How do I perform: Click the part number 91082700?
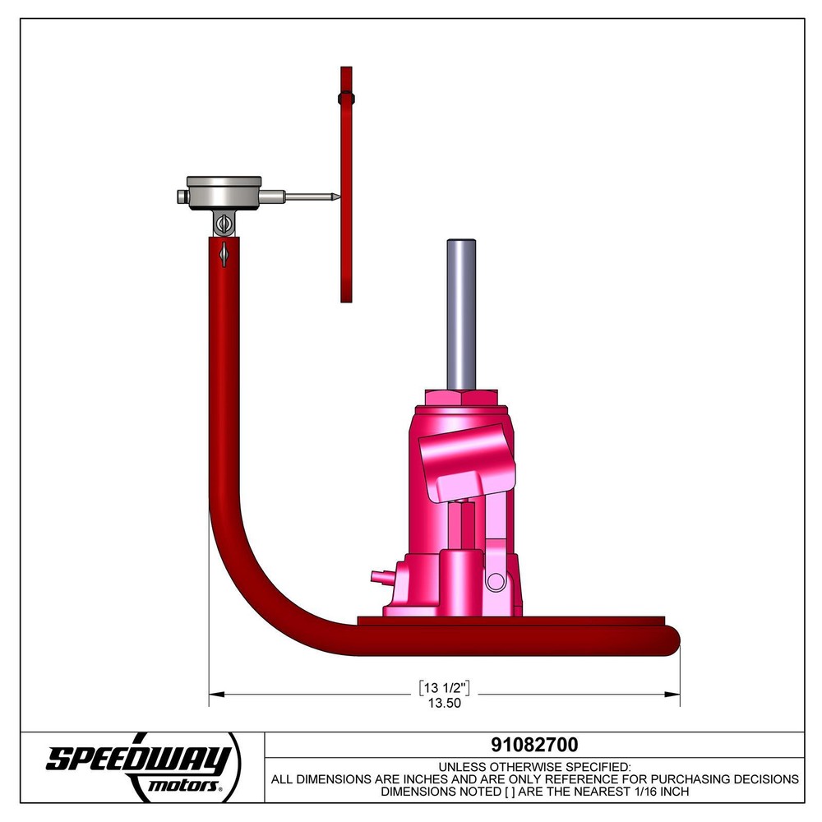pos(534,745)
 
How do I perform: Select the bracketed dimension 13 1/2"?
pos(444,686)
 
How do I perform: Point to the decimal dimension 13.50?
pos(444,703)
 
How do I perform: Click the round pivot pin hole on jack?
pos(494,581)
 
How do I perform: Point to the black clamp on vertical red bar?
pos(346,99)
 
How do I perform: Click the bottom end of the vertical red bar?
pos(346,298)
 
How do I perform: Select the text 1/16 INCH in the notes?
pos(653,792)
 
